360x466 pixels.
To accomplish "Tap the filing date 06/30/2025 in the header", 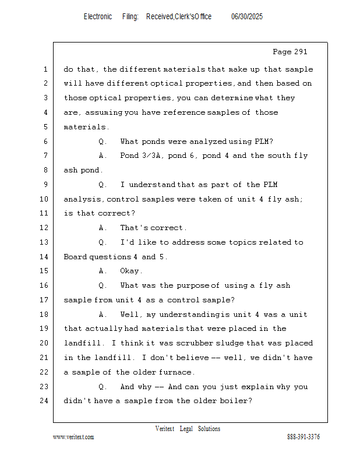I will pyautogui.click(x=247, y=17).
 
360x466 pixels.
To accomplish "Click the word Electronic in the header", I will pyautogui.click(x=98, y=17).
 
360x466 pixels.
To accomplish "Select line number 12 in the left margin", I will pyautogui.click(x=45, y=228).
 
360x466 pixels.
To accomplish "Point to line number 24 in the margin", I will pyautogui.click(x=45, y=401).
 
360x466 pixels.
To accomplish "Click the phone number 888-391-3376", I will pyautogui.click(x=303, y=437).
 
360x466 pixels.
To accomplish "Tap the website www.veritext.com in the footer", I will pyautogui.click(x=73, y=437).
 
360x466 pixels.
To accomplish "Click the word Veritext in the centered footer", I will pyautogui.click(x=165, y=429).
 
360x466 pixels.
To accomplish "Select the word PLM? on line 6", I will pyautogui.click(x=264, y=142).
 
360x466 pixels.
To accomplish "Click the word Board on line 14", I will pyautogui.click(x=75, y=257).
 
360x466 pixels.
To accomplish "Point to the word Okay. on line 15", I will pyautogui.click(x=131, y=271).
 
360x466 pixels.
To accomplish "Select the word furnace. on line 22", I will pyautogui.click(x=175, y=372).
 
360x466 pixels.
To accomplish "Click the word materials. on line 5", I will pyautogui.click(x=86, y=127).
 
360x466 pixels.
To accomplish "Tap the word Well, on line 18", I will pyautogui.click(x=131, y=315).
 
